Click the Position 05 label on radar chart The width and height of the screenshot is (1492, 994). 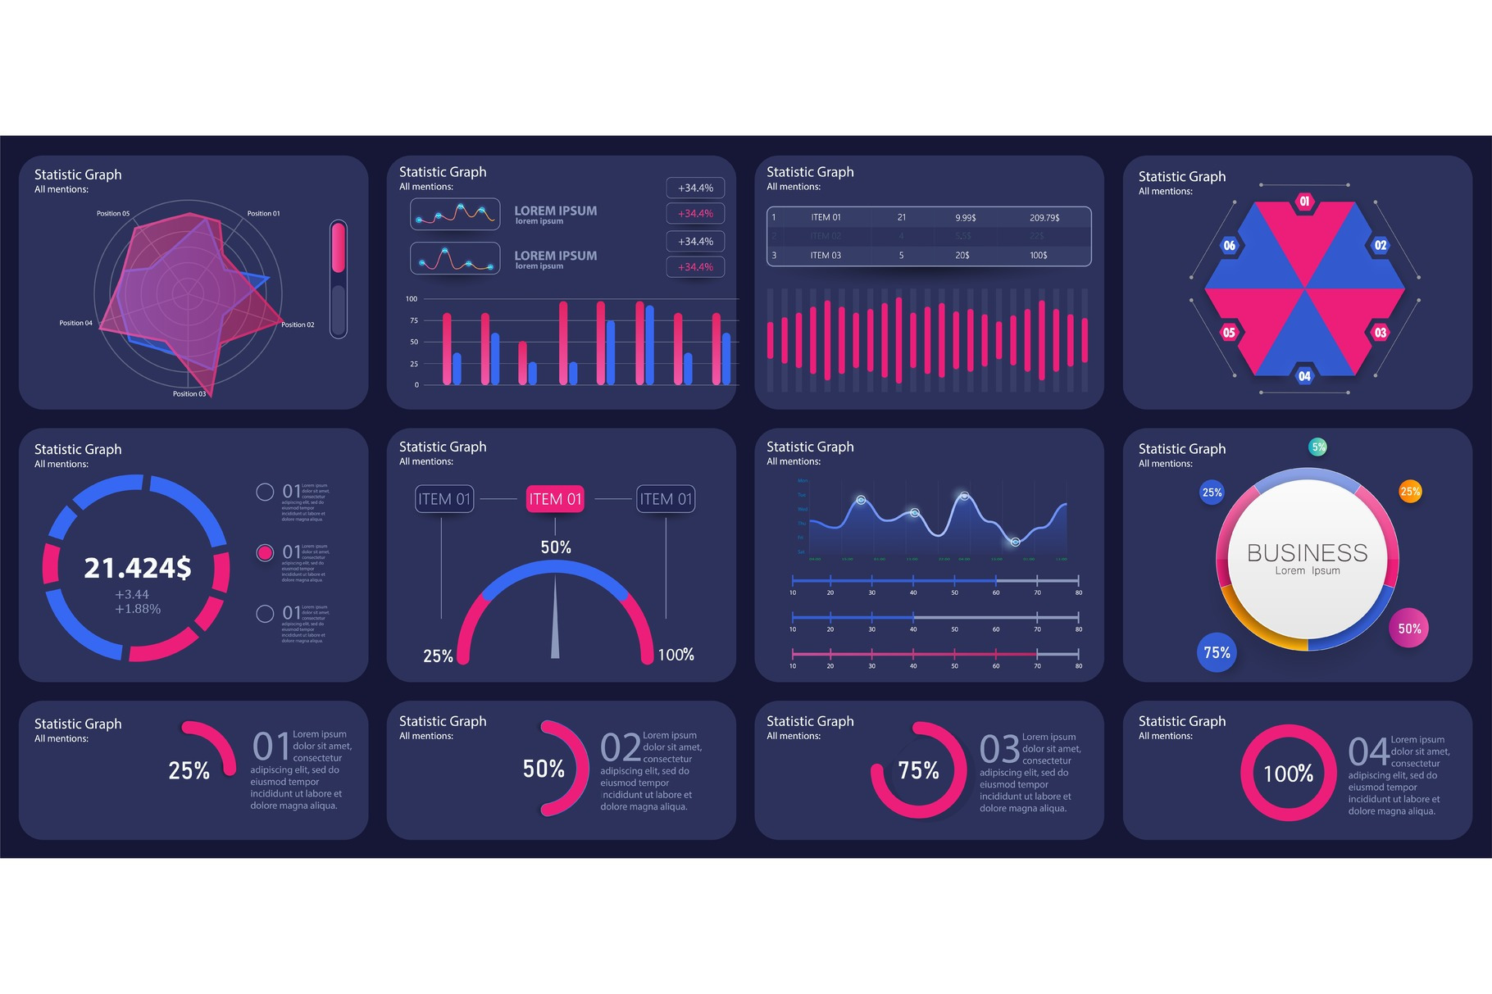pos(113,213)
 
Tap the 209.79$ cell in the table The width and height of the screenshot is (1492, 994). pos(1044,218)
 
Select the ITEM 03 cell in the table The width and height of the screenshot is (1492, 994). pos(826,256)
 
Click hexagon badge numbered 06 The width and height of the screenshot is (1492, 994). pos(1229,245)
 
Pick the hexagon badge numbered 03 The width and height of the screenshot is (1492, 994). pos(1381,333)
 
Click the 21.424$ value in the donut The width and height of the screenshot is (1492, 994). pos(138,568)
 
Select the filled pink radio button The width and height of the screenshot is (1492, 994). pos(265,552)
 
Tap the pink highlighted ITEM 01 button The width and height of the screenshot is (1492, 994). pos(555,499)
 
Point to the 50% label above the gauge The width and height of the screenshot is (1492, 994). pos(556,547)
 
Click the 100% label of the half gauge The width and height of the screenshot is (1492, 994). pos(675,655)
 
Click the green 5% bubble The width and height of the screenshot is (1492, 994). pos(1318,447)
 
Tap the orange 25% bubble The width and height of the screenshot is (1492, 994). pos(1410,492)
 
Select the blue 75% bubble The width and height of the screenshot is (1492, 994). pos(1217,652)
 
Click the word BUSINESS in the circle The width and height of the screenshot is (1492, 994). pos(1307,553)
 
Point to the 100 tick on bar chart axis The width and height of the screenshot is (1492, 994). pos(412,299)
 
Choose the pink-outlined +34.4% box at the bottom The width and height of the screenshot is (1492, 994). pos(695,267)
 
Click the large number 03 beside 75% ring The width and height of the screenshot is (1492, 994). pos(999,749)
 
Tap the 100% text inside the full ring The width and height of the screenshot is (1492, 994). pos(1288,774)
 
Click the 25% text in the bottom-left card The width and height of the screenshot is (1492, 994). pos(189,771)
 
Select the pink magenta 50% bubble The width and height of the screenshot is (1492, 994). pos(1409,629)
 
